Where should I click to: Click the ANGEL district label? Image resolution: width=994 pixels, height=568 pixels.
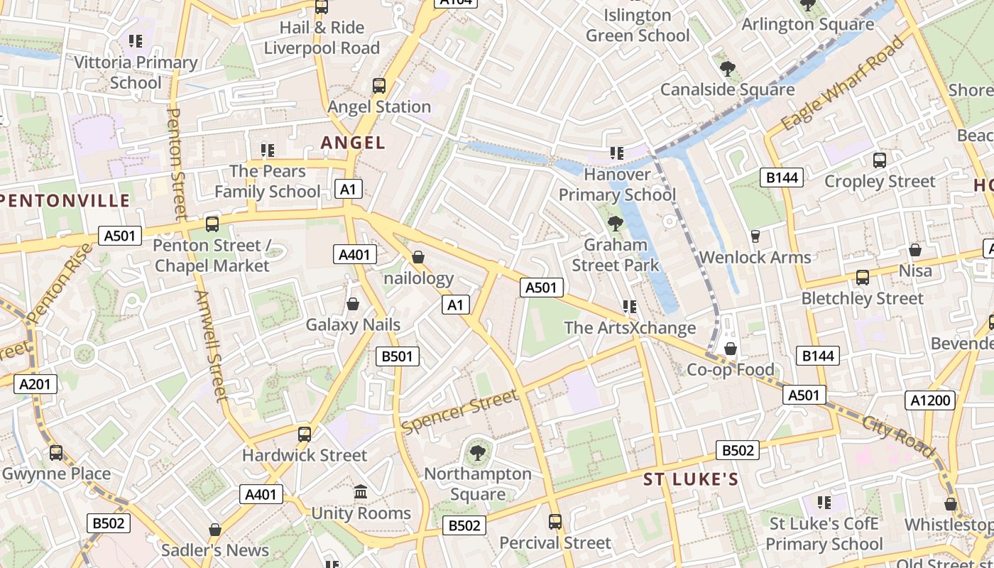(353, 143)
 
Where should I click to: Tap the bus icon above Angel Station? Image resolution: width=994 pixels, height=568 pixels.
(379, 86)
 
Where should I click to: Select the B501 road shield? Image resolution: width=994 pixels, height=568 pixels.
(397, 356)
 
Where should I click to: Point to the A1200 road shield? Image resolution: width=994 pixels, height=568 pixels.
(930, 400)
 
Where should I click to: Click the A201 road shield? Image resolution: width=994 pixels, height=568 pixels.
(35, 384)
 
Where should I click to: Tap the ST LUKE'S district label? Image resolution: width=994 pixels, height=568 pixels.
(691, 479)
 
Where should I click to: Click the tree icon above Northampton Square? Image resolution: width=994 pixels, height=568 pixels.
(478, 452)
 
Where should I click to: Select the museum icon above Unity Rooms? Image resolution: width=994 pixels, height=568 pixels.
(361, 491)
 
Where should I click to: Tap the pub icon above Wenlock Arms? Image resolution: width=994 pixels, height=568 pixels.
(755, 236)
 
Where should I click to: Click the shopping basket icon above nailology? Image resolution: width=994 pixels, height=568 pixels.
(418, 256)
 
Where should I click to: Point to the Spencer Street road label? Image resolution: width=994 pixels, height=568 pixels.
(460, 411)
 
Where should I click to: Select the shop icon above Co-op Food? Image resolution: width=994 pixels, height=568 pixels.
(730, 348)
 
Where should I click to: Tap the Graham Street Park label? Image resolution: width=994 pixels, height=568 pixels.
(616, 255)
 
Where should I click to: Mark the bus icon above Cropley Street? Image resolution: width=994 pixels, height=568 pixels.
(879, 160)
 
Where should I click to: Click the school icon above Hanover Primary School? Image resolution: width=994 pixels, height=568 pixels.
(616, 153)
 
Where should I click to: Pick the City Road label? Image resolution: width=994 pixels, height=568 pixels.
(898, 436)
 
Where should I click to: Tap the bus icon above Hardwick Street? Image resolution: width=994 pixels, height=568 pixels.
(305, 434)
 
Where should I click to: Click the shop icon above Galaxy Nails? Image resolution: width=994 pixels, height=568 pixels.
(353, 304)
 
